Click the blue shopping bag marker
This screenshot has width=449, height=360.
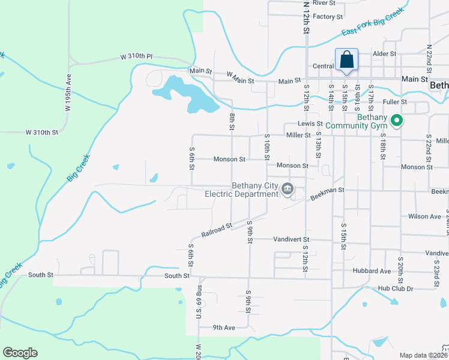346,61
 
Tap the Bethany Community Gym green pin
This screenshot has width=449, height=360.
396,122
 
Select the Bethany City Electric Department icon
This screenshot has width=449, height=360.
288,190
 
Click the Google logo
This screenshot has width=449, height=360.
20,353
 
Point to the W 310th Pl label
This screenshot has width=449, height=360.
137,56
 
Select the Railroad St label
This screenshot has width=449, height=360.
217,229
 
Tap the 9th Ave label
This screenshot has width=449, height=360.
224,328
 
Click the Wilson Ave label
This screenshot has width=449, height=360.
424,217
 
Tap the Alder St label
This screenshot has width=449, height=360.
385,53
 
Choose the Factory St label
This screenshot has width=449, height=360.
327,17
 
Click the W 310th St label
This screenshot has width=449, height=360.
42,132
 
